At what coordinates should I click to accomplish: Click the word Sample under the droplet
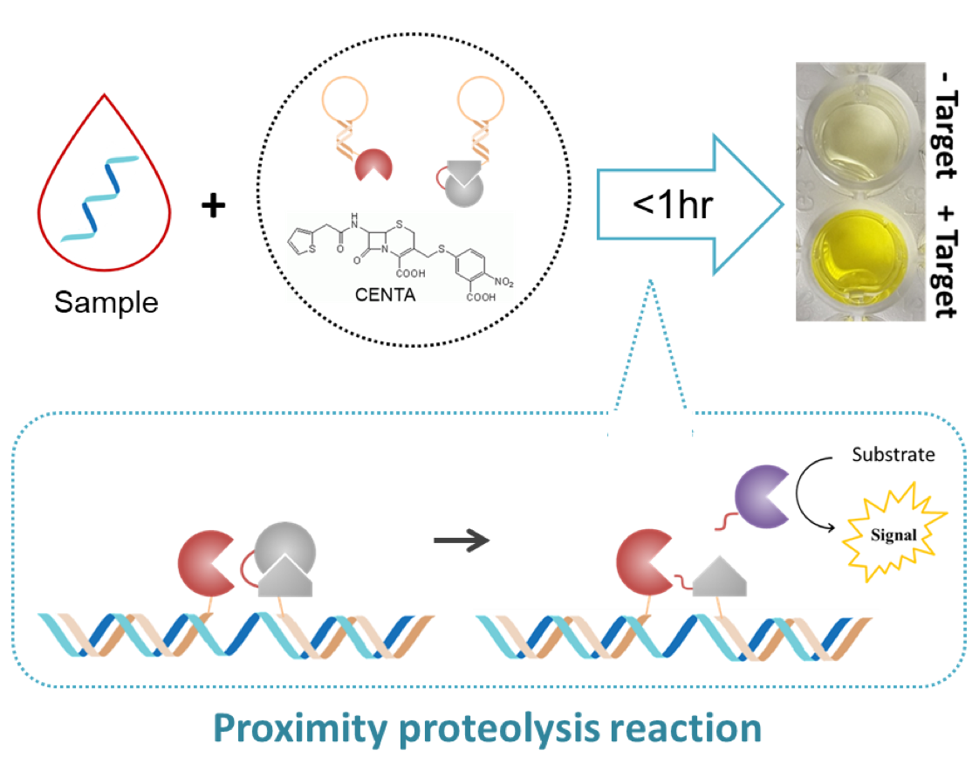[x=106, y=302]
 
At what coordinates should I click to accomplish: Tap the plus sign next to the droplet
[x=213, y=207]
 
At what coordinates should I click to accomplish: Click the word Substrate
[x=893, y=455]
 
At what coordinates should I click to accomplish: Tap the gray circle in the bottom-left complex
[x=284, y=546]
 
